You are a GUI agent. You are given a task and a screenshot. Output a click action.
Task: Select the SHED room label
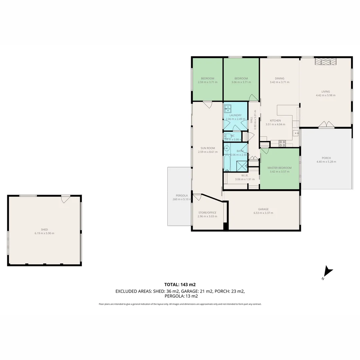[x=44, y=229]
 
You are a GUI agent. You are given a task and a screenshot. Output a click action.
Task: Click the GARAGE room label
[x=263, y=209]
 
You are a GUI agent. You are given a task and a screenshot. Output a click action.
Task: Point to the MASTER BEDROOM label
[x=279, y=168]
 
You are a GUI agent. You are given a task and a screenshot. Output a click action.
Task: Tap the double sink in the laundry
[x=228, y=109]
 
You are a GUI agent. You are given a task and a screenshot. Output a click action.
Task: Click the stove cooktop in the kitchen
[x=282, y=143]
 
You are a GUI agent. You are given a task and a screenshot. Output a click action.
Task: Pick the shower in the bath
[x=241, y=165]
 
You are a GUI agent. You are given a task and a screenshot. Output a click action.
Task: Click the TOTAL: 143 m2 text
[x=180, y=285]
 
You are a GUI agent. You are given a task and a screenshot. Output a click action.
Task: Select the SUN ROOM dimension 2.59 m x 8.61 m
[x=207, y=152]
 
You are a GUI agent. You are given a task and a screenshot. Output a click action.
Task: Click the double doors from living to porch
[x=326, y=125]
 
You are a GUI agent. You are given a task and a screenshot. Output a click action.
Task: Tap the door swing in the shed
[x=66, y=199]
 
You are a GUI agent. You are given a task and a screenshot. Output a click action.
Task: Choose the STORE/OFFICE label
[x=207, y=213]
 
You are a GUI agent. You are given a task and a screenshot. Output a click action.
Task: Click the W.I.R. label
[x=245, y=175]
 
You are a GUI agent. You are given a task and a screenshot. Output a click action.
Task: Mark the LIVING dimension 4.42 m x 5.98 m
[x=325, y=95]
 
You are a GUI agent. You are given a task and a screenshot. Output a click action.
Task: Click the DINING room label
[x=279, y=78]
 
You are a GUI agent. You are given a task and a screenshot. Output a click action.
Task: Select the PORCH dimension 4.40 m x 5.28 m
[x=326, y=162]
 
